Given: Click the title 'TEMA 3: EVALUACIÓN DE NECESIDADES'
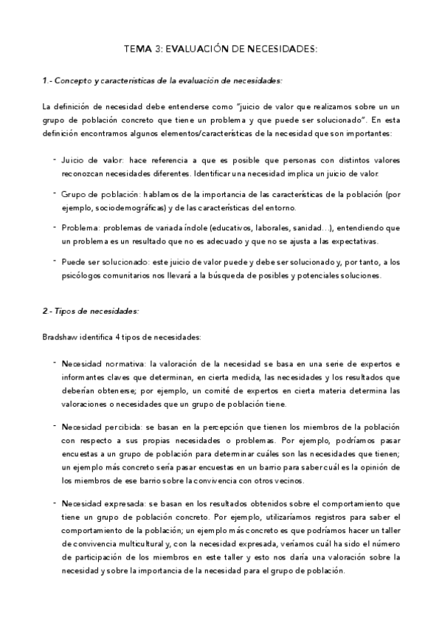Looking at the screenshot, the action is [221, 49].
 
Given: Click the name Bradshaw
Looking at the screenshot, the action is [60, 337].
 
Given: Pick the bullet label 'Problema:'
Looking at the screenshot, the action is [80, 229].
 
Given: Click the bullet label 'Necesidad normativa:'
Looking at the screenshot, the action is [104, 365].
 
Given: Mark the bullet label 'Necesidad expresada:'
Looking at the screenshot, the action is [104, 504].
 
